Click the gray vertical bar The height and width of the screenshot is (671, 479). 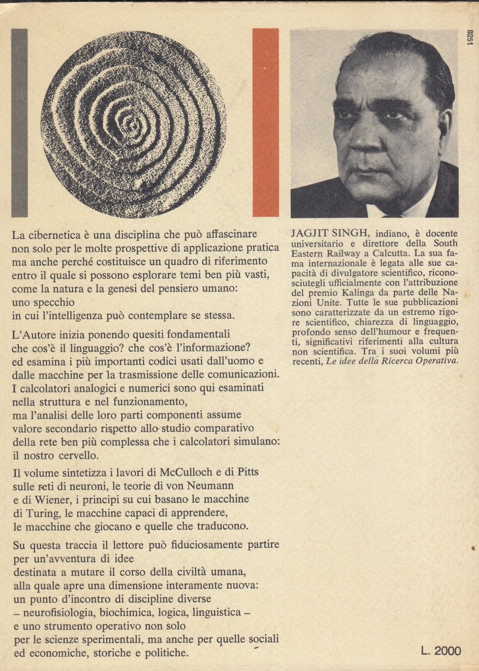pyautogui.click(x=19, y=123)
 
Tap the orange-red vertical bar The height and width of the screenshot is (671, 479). pyautogui.click(x=266, y=123)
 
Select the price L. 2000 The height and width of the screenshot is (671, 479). pyautogui.click(x=441, y=651)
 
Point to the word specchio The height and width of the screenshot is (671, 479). pyautogui.click(x=56, y=302)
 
